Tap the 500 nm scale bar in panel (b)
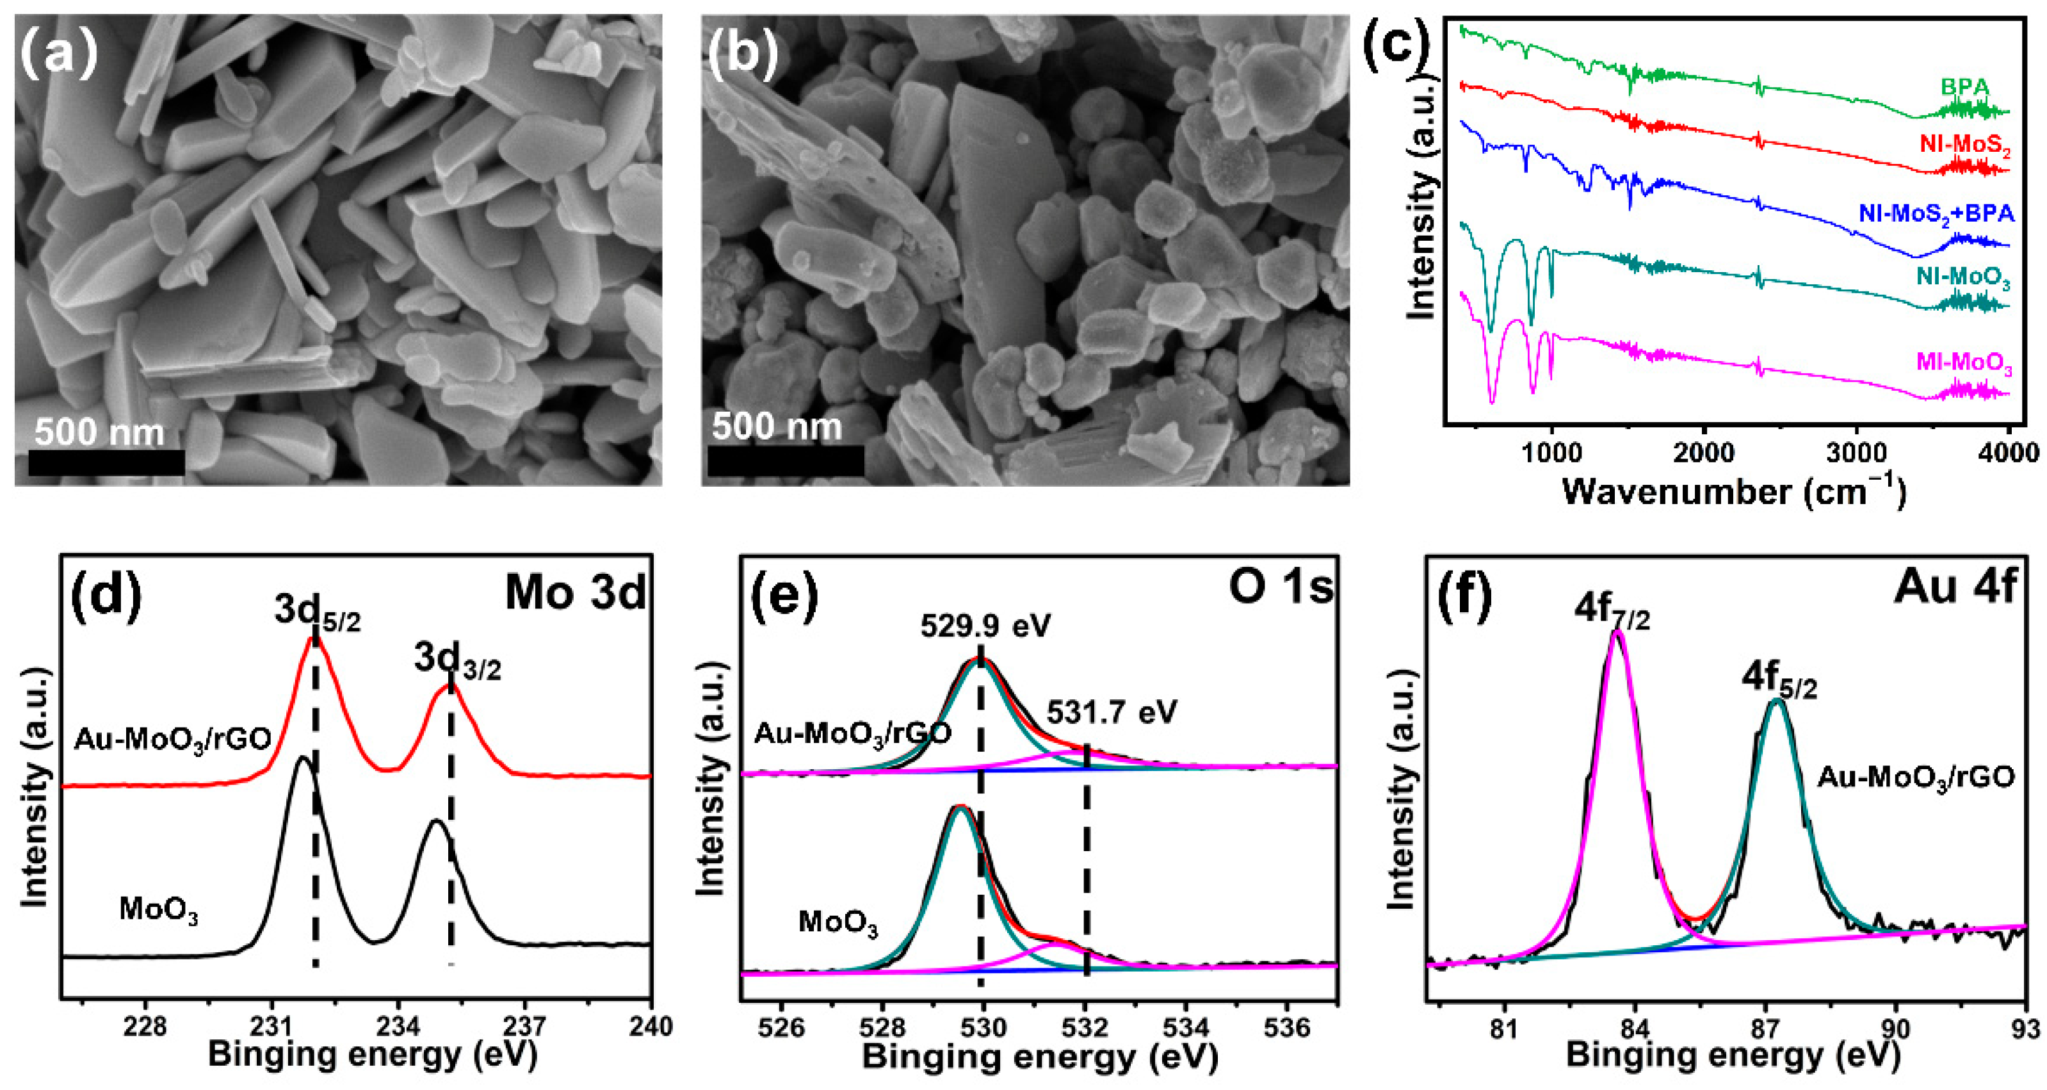point(785,460)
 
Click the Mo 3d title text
point(576,592)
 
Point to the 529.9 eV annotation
point(985,626)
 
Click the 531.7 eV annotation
point(1111,712)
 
